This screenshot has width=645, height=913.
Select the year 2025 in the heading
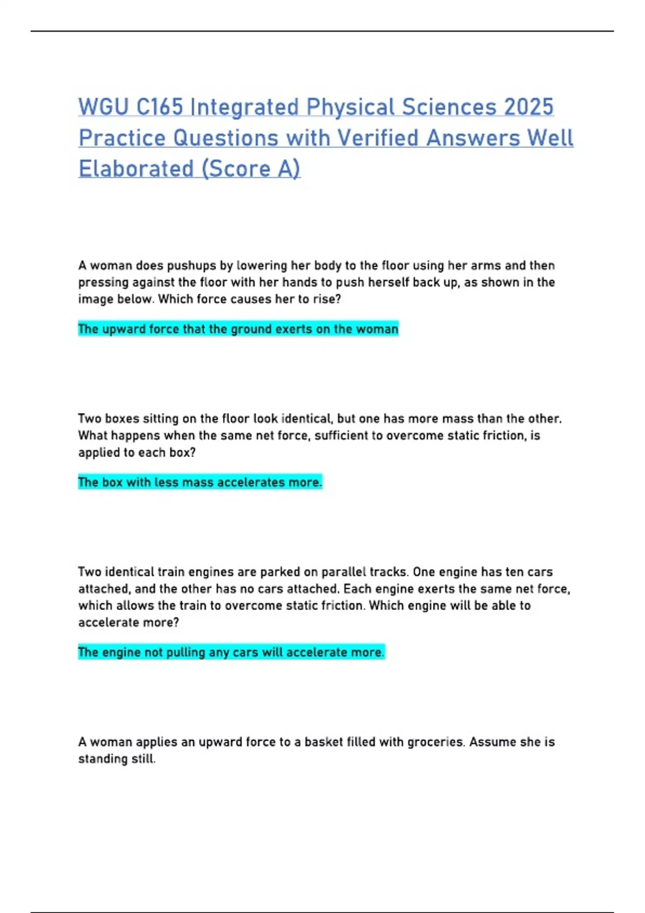coord(529,107)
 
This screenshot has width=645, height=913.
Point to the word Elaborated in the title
coord(136,169)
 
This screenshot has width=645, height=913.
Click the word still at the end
coord(144,759)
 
